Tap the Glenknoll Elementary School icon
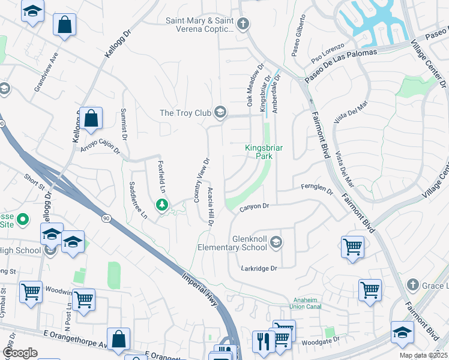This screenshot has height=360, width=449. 276,242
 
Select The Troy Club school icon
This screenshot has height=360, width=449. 220,112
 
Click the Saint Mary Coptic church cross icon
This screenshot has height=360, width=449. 243,24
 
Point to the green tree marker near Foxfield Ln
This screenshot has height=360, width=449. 161,205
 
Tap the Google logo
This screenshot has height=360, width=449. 20,353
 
